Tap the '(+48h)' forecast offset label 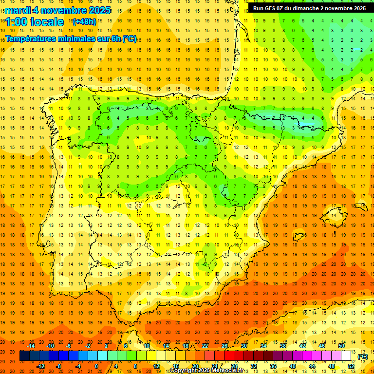point(84,21)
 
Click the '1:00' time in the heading point(16,22)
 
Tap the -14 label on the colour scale point(31,346)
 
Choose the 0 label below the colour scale point(96,366)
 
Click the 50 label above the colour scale point(341,346)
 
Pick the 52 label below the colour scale point(351,366)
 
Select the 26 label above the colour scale point(224,346)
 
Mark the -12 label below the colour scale point(40,366)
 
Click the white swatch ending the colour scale point(346,356)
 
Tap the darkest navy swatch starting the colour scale point(24,356)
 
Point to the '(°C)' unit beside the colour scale point(362,356)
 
